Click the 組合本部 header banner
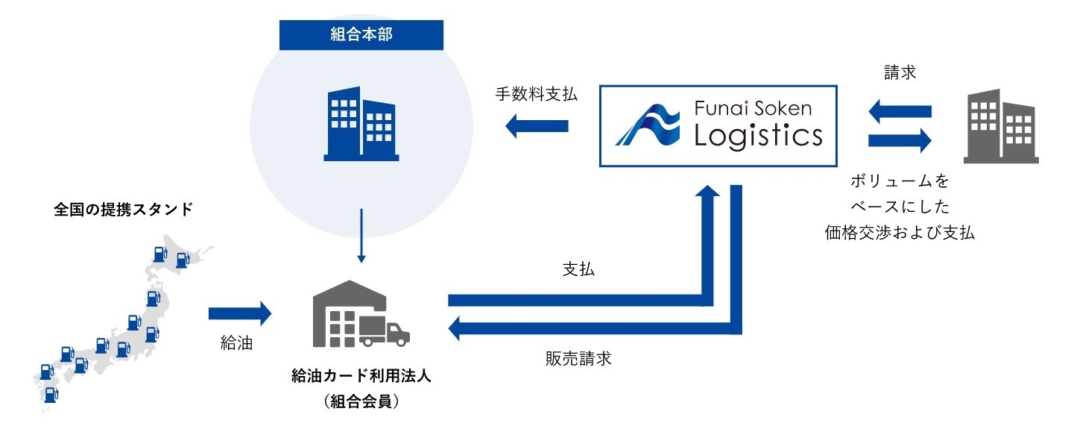point(361,35)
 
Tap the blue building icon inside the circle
point(360,124)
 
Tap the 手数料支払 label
point(535,96)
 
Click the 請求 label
point(900,73)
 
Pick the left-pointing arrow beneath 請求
point(900,111)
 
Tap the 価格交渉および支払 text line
point(900,232)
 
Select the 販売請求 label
point(578,359)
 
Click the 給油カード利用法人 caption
point(361,377)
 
